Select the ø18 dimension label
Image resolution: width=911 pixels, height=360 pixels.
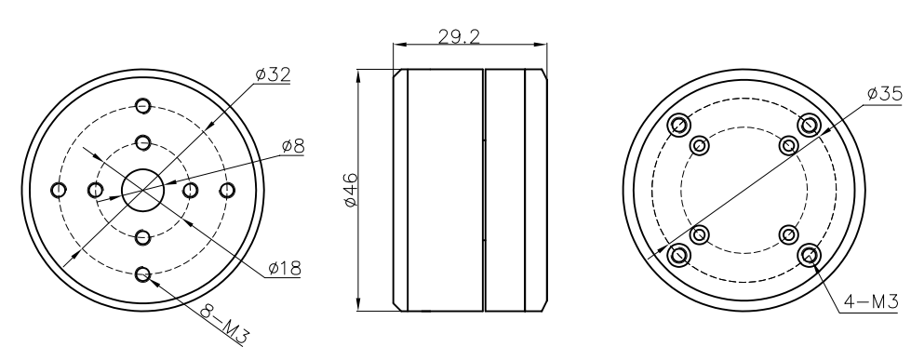coord(284,269)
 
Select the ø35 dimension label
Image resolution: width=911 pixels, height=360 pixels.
coord(884,94)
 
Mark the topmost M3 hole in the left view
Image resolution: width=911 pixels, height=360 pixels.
coord(142,105)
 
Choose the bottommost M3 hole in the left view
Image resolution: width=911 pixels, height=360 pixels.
coord(142,274)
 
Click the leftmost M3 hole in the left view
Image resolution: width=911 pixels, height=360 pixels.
coord(59,190)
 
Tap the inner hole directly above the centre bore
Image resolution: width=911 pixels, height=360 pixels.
coord(142,142)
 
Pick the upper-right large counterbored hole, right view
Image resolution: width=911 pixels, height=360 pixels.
coord(809,125)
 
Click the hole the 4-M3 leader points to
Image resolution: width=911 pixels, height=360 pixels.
coord(809,254)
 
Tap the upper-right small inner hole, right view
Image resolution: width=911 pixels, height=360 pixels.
coord(788,145)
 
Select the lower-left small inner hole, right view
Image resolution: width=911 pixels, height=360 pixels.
coord(700,233)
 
